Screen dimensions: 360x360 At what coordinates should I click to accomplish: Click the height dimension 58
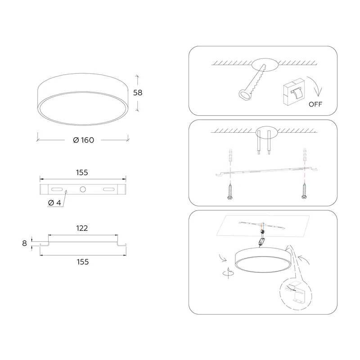point(138,93)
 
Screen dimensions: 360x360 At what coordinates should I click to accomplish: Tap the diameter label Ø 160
point(84,140)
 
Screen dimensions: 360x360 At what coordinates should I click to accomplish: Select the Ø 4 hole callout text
point(54,203)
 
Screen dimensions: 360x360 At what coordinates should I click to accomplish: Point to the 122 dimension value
point(82,228)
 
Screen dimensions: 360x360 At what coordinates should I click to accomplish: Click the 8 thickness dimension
point(25,243)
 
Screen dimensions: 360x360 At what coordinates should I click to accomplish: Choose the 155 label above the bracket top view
point(82,172)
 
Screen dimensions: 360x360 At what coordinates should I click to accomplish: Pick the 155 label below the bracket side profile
point(83,262)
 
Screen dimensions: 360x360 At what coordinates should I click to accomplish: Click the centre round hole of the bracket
point(83,189)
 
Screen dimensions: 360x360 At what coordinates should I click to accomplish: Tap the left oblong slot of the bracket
point(57,189)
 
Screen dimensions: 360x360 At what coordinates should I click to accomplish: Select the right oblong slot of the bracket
point(108,189)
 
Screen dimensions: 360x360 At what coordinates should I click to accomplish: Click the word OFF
point(315,104)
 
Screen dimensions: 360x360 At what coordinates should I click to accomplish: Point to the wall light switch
point(294,92)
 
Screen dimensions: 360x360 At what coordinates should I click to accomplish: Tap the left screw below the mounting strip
point(230,191)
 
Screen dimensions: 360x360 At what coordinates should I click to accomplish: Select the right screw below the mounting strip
point(305,190)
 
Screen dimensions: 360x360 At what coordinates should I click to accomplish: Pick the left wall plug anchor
point(230,155)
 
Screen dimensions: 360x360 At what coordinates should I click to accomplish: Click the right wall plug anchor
point(305,154)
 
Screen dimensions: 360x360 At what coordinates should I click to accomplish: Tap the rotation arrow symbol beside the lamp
point(228,273)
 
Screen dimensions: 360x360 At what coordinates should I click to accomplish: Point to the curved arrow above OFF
point(316,85)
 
